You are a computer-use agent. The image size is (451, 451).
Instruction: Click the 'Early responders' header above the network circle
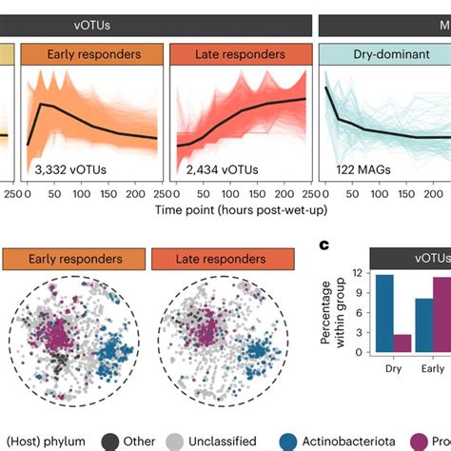tap(75, 258)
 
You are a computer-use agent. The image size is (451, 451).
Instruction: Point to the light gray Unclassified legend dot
tap(173, 441)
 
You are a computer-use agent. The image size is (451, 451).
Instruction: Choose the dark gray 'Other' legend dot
tap(109, 441)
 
